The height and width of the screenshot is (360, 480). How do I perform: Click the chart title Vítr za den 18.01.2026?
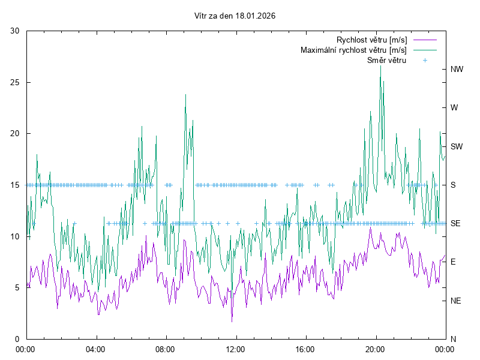point(235,16)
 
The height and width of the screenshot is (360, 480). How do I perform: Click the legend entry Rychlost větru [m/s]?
point(372,40)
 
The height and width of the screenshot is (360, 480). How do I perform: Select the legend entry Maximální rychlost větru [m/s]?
point(354,50)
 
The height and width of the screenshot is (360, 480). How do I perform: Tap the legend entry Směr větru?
point(386,61)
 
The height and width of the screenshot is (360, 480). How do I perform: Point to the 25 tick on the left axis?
point(16,82)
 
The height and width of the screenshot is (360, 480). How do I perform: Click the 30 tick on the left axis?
point(16,31)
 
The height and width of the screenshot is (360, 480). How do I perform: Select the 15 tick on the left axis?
point(16,185)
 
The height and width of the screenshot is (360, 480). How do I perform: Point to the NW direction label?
point(457,70)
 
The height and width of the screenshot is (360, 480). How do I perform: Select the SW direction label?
point(457,146)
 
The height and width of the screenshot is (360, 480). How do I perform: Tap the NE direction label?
point(456,301)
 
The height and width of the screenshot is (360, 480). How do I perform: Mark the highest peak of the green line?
point(380,65)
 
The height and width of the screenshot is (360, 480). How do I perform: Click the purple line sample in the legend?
point(424,40)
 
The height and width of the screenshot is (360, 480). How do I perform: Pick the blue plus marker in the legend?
point(424,61)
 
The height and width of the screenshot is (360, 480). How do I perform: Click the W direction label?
point(454,108)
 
